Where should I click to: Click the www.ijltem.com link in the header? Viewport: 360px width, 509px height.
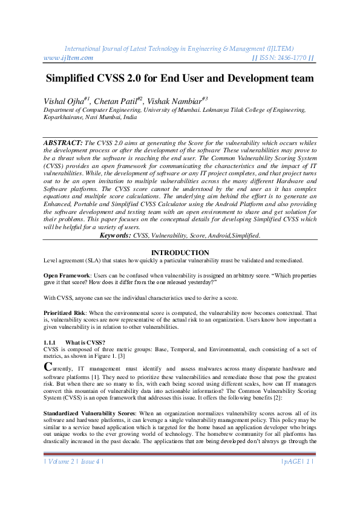click(x=68, y=58)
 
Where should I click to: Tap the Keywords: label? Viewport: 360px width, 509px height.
click(x=116, y=235)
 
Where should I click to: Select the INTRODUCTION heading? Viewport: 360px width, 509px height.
click(x=180, y=253)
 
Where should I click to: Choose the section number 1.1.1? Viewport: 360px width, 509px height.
click(x=51, y=343)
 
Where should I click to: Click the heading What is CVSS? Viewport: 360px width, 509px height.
click(x=86, y=343)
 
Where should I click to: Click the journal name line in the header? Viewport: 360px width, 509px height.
click(x=180, y=48)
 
